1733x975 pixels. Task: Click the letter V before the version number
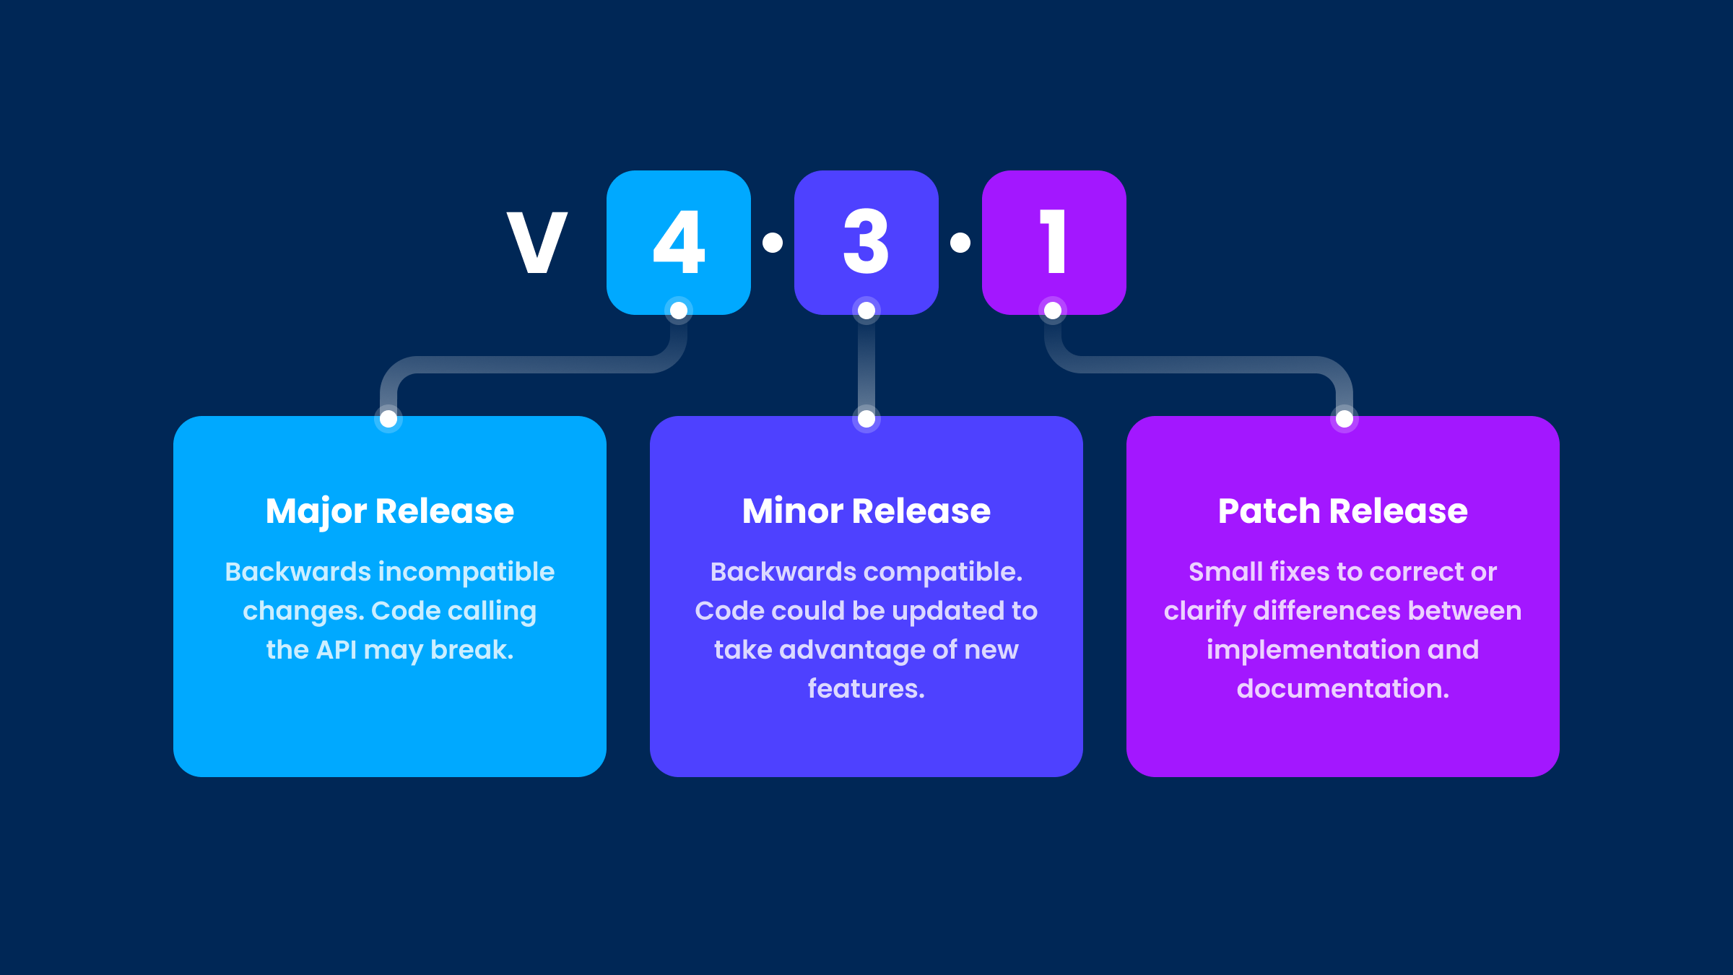pos(537,243)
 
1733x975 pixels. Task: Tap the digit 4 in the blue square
pos(679,242)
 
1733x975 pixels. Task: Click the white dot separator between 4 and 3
pos(773,243)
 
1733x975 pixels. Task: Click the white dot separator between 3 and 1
pos(960,243)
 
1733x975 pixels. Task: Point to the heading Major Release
pos(390,511)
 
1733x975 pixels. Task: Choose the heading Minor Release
pos(866,511)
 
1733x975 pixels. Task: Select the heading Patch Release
pos(1343,511)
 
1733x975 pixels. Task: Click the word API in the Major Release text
pos(336,650)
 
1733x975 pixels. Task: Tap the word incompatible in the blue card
pos(467,572)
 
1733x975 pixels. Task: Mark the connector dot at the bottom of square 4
pos(679,311)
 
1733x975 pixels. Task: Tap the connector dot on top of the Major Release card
pos(388,418)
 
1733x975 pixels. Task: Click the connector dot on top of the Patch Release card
pos(1345,418)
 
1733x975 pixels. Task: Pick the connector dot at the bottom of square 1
pos(1053,311)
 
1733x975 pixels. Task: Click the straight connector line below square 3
pos(866,365)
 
